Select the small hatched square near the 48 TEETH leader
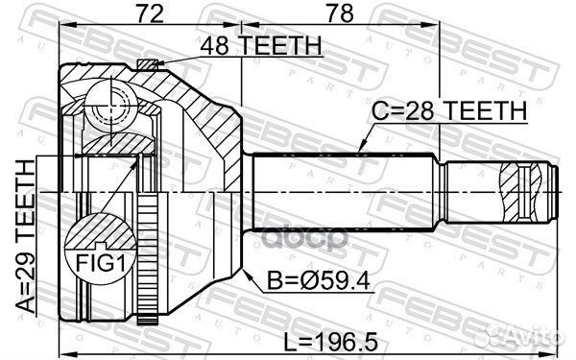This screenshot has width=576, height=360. point(146,64)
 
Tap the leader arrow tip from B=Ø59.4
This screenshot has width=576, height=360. point(233,260)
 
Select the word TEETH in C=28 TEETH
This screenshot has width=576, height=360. point(492,112)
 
